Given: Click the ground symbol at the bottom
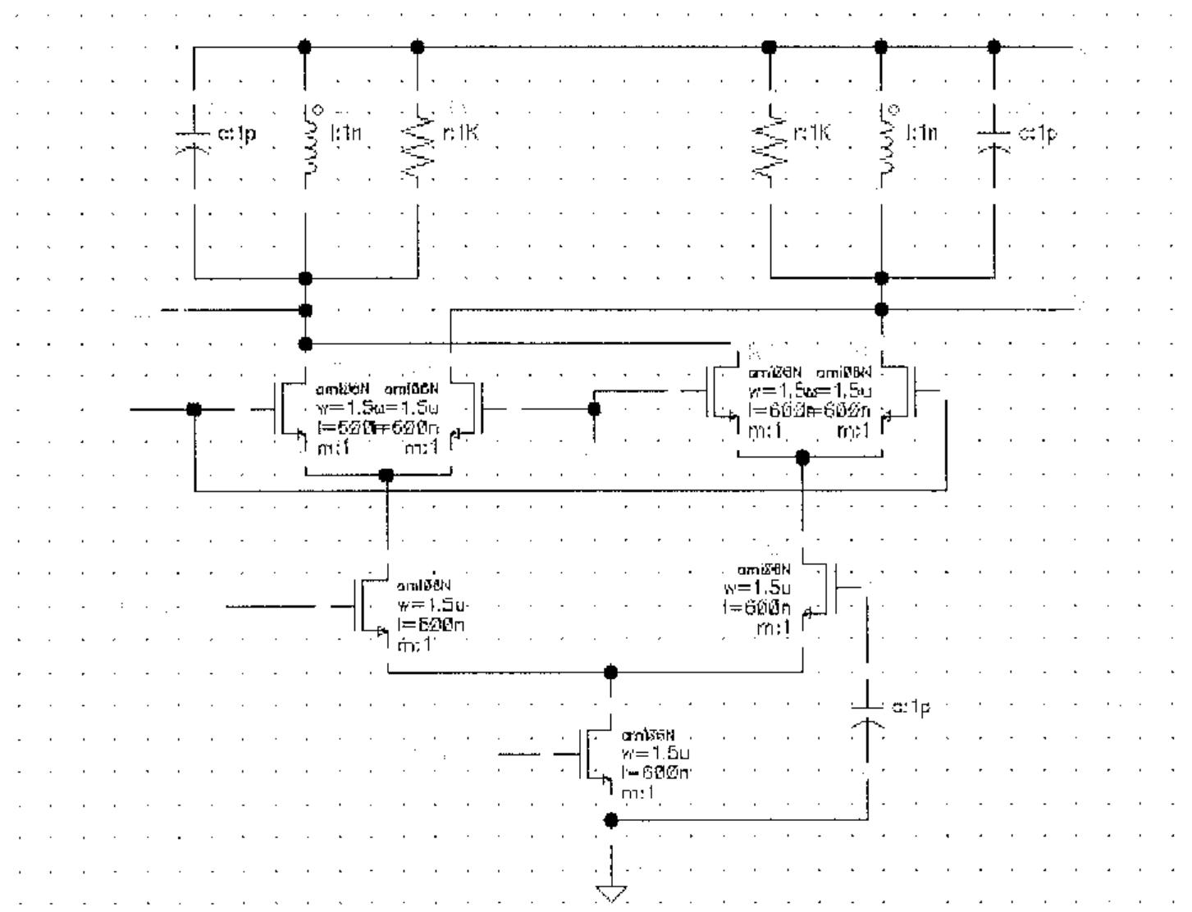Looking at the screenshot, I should click(x=611, y=893).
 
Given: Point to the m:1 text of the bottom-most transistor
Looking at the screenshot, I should click(x=637, y=793).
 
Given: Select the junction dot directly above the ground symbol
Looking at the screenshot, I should click(x=610, y=819).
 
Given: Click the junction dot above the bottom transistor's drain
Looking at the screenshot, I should click(x=610, y=672).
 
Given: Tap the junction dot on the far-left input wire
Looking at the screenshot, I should click(x=194, y=409).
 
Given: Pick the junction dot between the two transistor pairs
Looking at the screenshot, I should click(x=593, y=408).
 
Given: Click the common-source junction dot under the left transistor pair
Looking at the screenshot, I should click(x=386, y=475).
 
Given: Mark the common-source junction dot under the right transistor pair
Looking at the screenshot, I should click(x=803, y=458).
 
